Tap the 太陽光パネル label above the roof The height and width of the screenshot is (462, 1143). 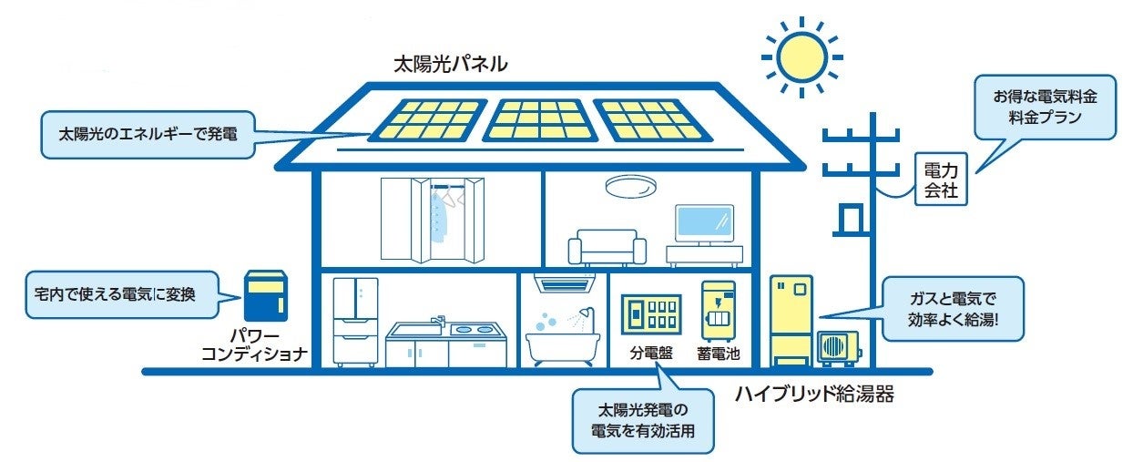[x=450, y=66]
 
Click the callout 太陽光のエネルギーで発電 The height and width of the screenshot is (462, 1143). [x=148, y=134]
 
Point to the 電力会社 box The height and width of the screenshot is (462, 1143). [x=939, y=180]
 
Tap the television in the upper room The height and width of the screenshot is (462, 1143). [x=704, y=223]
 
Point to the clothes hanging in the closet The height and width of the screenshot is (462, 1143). [x=442, y=216]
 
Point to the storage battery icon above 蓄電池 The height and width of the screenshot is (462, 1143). [x=718, y=311]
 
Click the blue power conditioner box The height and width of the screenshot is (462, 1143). [x=265, y=295]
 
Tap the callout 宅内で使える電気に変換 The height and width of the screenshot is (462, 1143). [x=122, y=293]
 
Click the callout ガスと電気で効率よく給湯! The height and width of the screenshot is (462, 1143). [x=953, y=309]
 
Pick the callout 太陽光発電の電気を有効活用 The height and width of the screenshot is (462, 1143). [x=643, y=421]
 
